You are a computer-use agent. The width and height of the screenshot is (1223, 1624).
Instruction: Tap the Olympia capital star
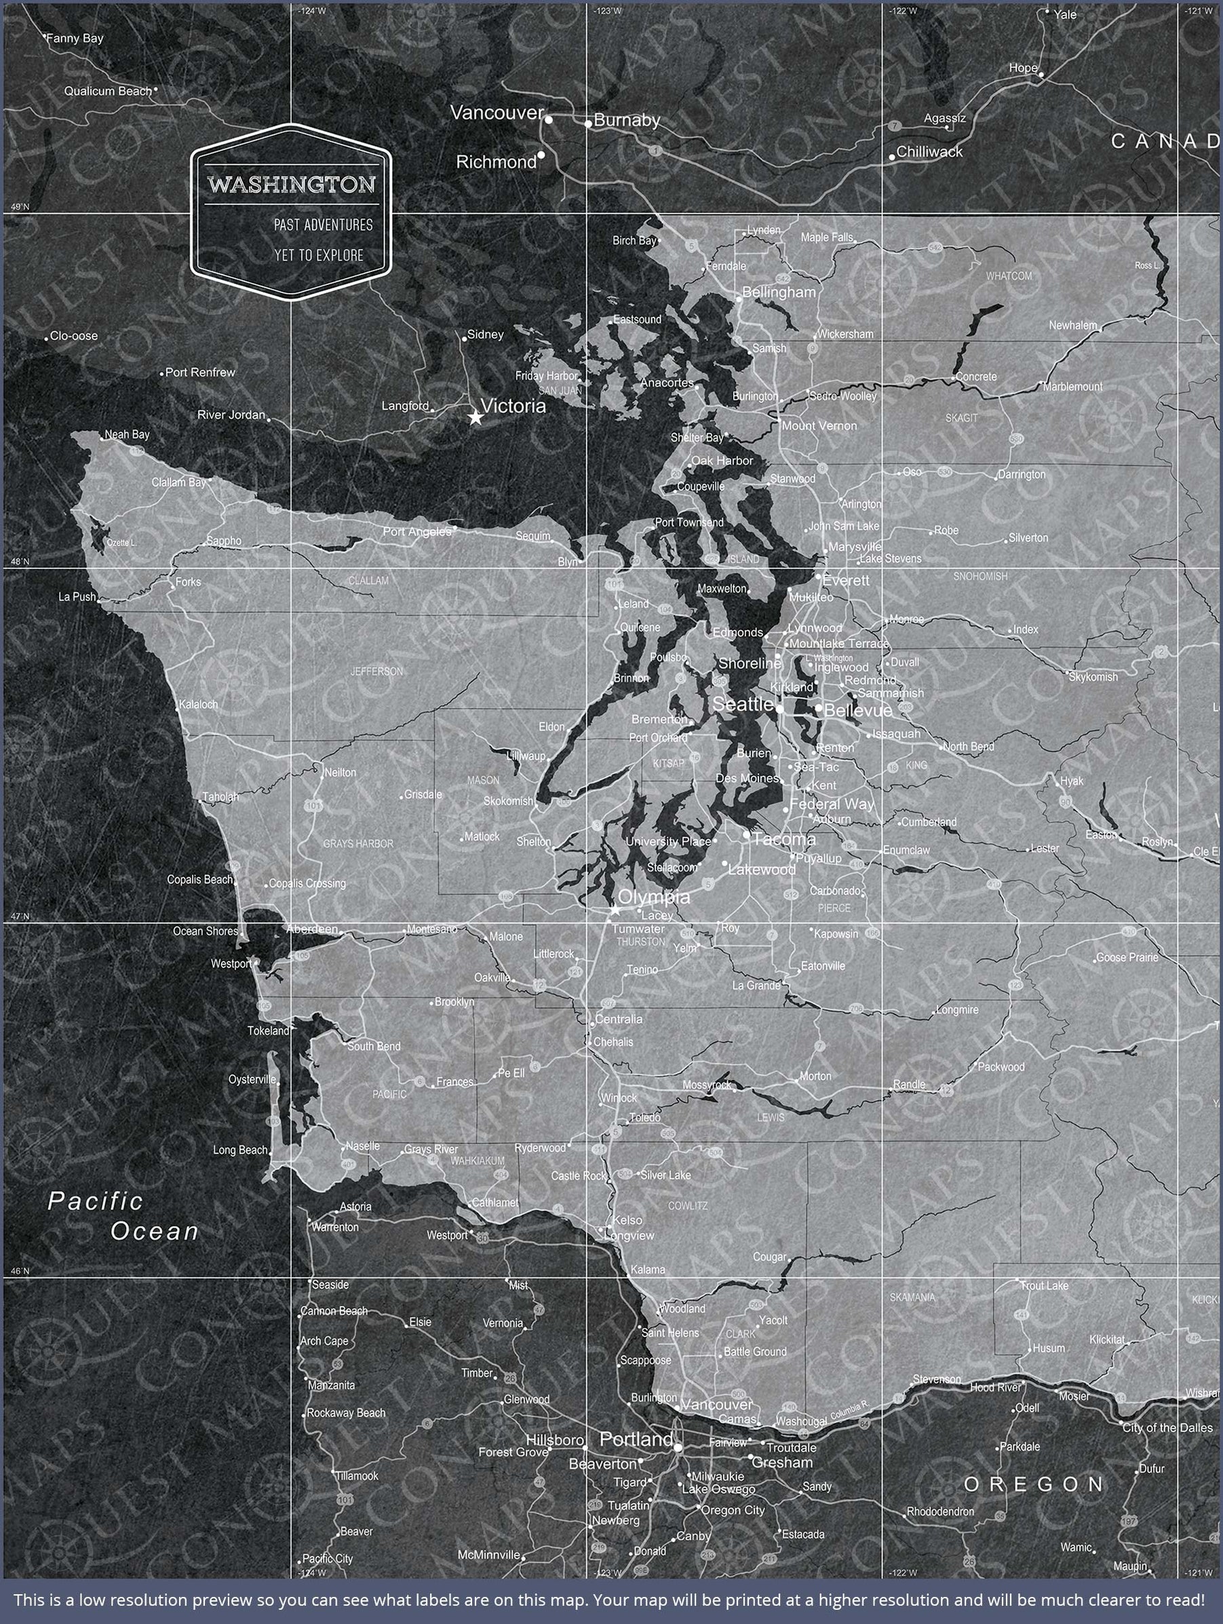[615, 910]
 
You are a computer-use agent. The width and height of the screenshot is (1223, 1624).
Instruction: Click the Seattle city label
[743, 704]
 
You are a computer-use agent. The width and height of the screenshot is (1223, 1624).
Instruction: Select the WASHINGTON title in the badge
[291, 184]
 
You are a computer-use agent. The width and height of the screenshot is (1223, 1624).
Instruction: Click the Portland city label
[636, 1439]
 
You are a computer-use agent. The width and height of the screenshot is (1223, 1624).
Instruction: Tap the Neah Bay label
[127, 435]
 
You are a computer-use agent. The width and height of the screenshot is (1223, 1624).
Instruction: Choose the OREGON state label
[1034, 1484]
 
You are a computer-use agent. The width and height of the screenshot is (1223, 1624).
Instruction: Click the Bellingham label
[779, 292]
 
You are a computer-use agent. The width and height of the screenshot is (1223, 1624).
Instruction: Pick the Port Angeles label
[417, 532]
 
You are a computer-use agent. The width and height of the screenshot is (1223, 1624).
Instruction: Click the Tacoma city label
[784, 839]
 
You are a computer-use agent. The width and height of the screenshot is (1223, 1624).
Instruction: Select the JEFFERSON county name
[376, 671]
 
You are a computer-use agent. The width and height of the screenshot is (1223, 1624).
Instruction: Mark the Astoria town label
[355, 1206]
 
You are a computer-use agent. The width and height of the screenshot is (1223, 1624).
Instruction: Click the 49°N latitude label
[20, 207]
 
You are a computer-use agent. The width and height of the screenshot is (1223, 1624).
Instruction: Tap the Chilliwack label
[929, 152]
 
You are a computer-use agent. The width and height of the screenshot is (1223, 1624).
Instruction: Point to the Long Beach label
[240, 1150]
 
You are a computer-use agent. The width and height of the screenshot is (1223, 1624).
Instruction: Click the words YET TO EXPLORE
[319, 256]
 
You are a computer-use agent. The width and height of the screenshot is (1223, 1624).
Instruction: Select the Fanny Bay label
[75, 38]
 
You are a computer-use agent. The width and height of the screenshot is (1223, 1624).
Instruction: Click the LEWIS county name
[771, 1117]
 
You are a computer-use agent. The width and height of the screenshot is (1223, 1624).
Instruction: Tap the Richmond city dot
[541, 155]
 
